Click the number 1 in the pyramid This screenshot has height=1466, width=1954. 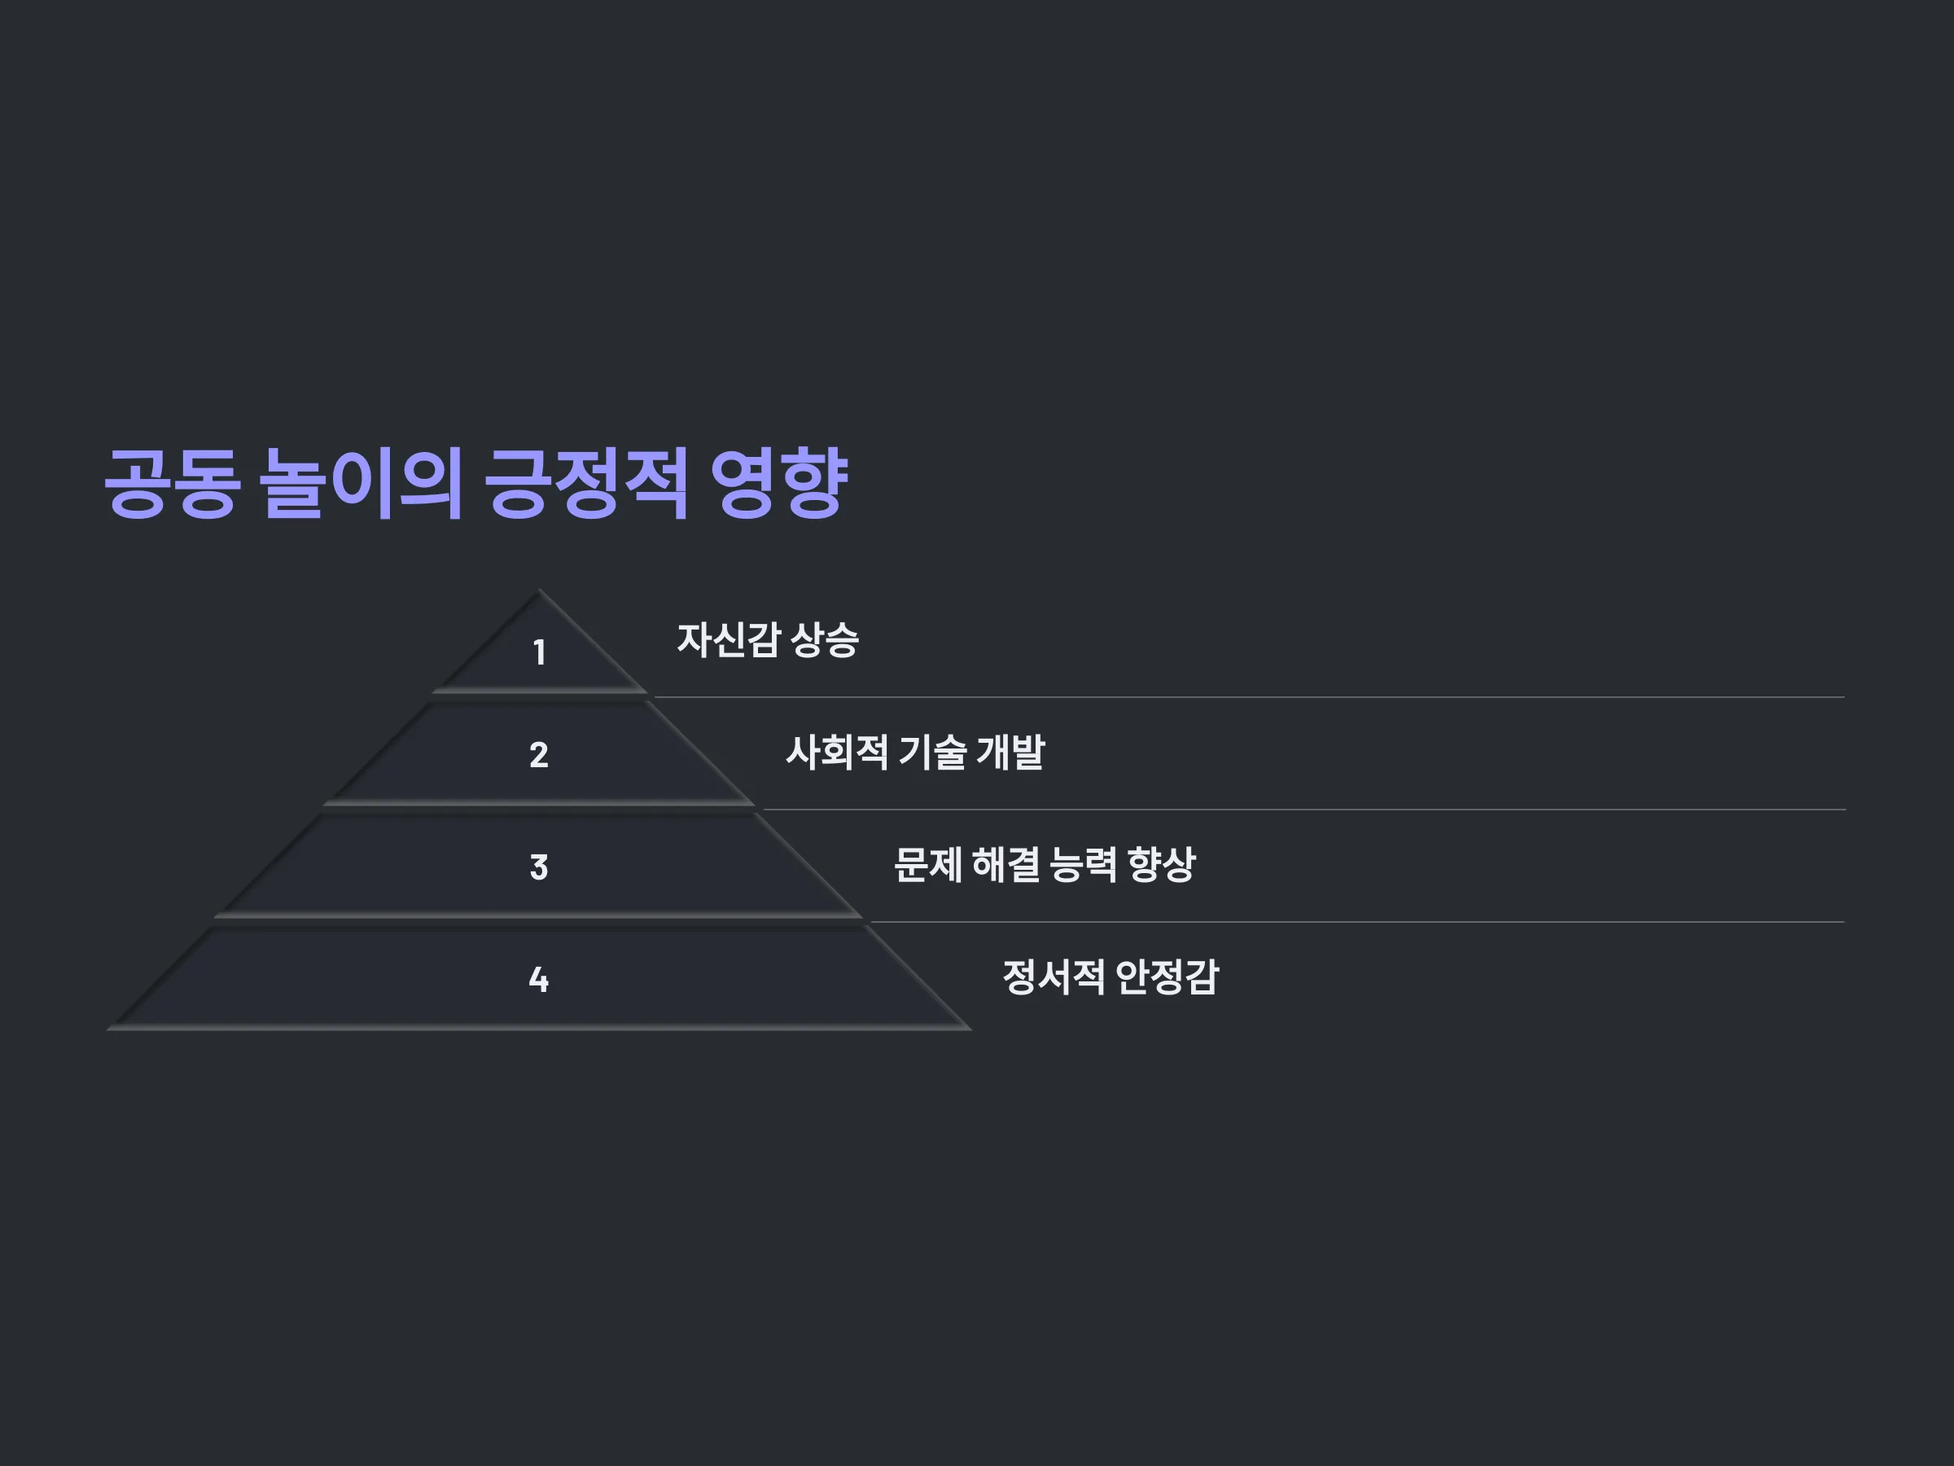[x=539, y=653]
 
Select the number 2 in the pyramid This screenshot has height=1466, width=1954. [x=539, y=755]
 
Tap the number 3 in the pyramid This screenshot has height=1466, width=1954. [x=539, y=867]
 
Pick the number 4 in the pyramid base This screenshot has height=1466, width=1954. [x=539, y=979]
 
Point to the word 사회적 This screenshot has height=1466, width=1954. [x=836, y=753]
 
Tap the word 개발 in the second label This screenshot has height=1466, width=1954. [x=1010, y=753]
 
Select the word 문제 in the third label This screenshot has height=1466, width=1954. [x=927, y=865]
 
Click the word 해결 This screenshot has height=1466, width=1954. [x=1005, y=865]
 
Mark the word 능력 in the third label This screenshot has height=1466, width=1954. [x=1084, y=865]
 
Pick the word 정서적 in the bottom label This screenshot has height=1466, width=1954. [x=1054, y=977]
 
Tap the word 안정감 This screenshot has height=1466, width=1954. [x=1167, y=977]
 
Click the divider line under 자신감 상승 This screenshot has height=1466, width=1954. [x=1249, y=697]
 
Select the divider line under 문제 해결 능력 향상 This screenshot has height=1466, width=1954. [x=1358, y=922]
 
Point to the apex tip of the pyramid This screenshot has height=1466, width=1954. [x=539, y=590]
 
